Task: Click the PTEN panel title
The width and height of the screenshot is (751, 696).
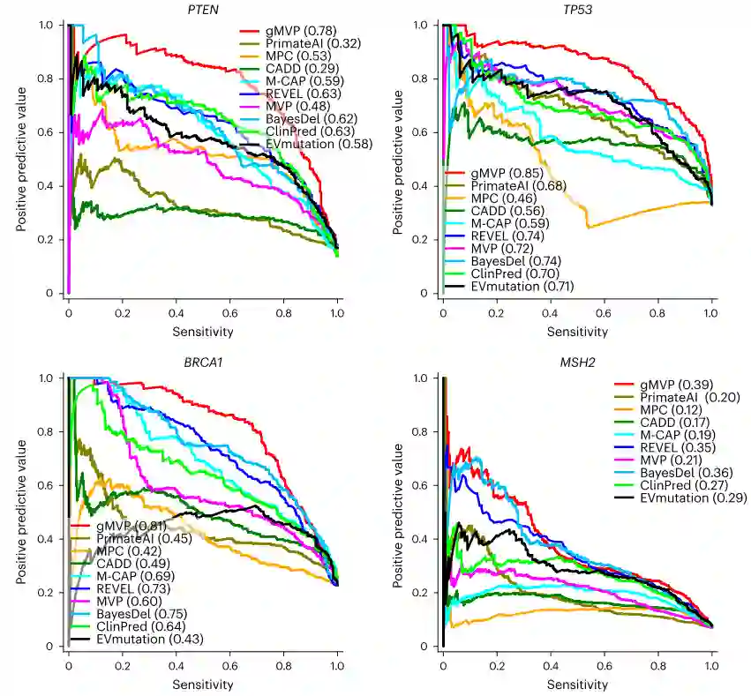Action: click(202, 9)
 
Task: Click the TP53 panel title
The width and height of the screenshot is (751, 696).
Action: click(577, 9)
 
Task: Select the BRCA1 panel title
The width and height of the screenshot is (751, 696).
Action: click(202, 363)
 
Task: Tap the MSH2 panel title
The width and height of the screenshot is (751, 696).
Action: click(577, 363)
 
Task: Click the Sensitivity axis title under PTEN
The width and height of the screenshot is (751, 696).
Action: click(202, 332)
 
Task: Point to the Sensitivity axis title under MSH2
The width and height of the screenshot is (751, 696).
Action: click(577, 685)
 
